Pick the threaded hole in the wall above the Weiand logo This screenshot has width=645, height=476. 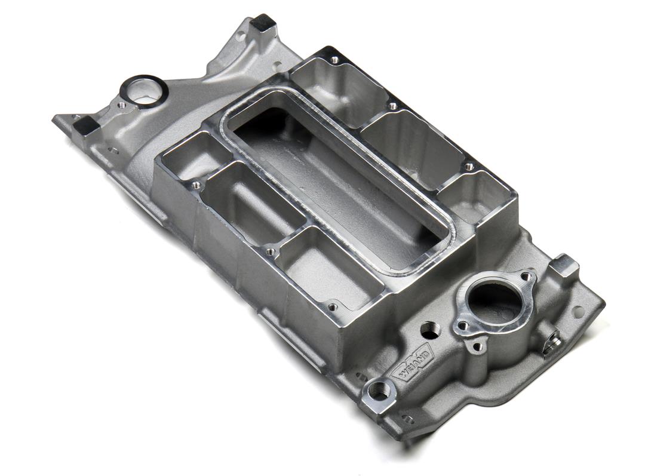pos(429,329)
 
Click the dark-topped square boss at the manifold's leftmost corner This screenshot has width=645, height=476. pos(85,125)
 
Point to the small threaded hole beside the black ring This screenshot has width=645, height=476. pos(122,105)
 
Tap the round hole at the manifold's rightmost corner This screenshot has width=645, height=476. pos(578,311)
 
